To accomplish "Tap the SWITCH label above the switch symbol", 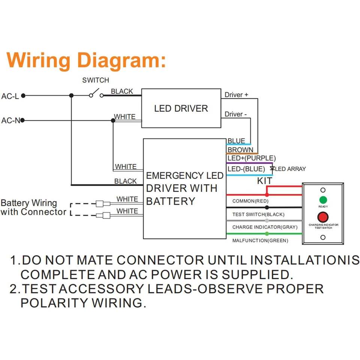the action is pos(96,80).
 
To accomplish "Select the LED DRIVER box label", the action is pos(181,108).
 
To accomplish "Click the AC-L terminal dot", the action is pos(23,96).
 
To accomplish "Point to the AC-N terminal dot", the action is pos(22,120).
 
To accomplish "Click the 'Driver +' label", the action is pos(236,94).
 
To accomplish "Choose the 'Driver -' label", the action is pos(235,114).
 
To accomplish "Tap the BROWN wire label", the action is pos(240,150).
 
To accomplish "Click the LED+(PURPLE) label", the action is pos(252,158).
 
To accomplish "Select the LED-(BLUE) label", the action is pos(246,169).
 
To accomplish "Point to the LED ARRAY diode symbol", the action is pos(272,169).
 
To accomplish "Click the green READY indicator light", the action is pos(323,200).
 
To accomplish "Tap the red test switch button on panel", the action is pos(323,217).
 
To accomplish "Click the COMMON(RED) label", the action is pos(250,201).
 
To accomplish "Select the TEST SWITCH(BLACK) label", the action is pos(258,214).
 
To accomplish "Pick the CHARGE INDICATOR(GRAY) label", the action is pos(265,227).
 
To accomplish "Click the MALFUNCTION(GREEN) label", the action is pos(260,241).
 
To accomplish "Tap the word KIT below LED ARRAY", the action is pos(265,181).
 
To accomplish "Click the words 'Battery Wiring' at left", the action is pos(29,203).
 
